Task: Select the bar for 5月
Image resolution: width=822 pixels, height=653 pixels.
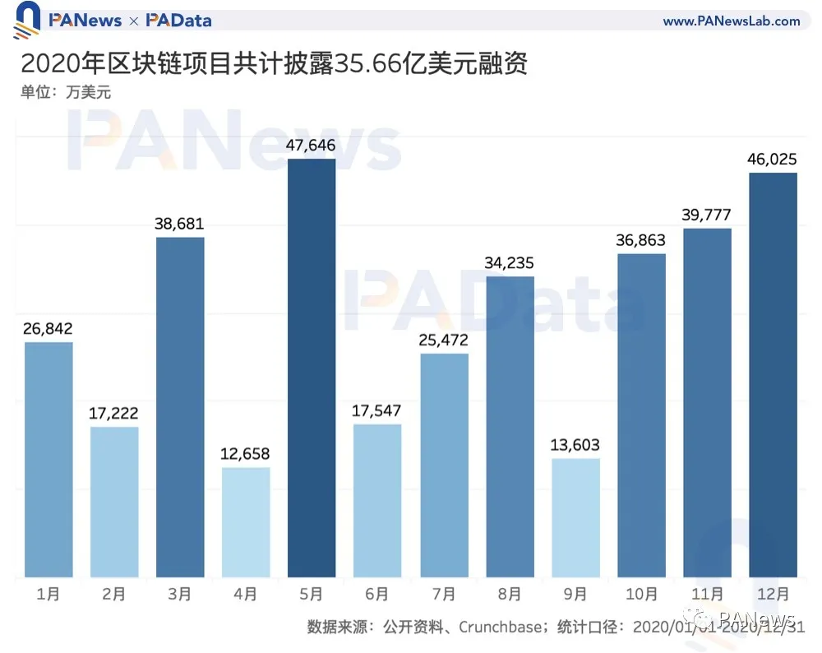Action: (x=312, y=368)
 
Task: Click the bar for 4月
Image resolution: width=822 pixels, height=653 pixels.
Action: (x=246, y=522)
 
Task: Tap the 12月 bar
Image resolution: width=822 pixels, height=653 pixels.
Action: (x=774, y=374)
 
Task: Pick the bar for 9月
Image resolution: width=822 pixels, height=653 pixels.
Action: (x=575, y=517)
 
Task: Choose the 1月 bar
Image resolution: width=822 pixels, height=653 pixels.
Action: (x=48, y=459)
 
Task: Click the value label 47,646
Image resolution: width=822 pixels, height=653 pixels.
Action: (x=312, y=146)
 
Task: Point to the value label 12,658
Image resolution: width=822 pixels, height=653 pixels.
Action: (x=246, y=454)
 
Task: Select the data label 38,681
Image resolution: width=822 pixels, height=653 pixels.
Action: (x=179, y=224)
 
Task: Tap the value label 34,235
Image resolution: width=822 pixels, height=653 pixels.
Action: (x=510, y=263)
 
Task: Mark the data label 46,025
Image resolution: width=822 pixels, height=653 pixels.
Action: (x=774, y=160)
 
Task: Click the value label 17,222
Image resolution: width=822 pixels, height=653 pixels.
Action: (x=113, y=413)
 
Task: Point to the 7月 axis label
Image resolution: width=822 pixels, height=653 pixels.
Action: (x=444, y=594)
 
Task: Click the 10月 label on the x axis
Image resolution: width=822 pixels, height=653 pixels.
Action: (x=641, y=594)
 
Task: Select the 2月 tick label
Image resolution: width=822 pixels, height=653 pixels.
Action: (x=113, y=594)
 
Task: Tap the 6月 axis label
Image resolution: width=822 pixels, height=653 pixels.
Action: (x=377, y=594)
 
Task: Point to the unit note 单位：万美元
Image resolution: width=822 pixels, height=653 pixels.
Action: (x=66, y=92)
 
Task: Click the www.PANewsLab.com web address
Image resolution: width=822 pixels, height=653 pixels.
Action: (x=731, y=21)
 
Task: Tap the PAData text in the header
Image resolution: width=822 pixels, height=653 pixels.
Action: (x=178, y=21)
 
